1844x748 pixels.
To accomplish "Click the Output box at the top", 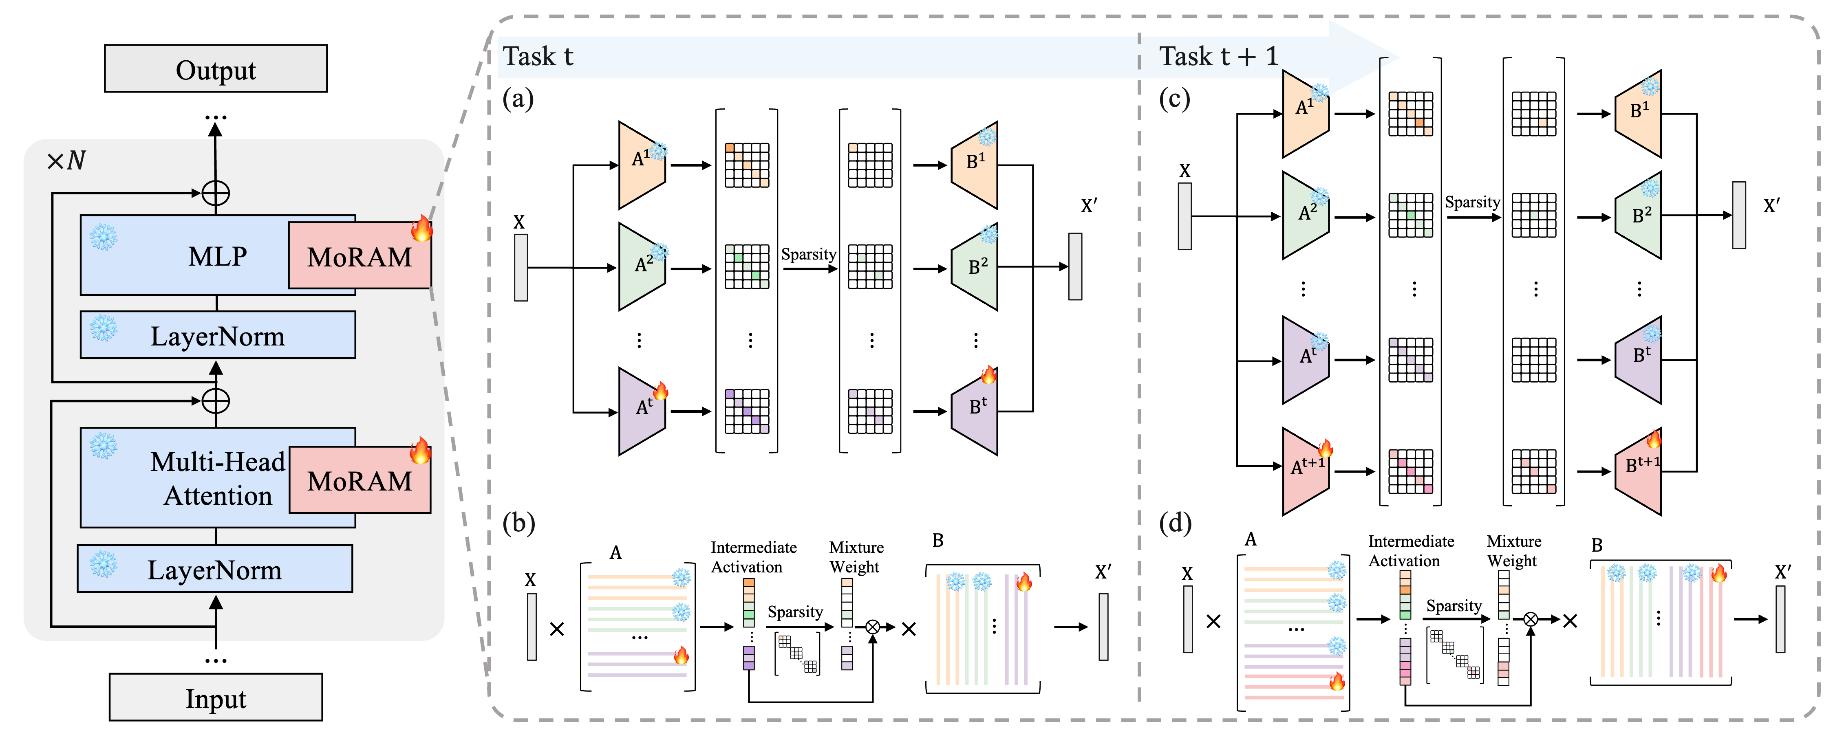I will [216, 69].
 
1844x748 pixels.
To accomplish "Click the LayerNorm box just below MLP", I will [218, 335].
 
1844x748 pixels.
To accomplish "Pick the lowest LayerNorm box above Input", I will [215, 569].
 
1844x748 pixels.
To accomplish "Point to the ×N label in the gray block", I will [66, 161].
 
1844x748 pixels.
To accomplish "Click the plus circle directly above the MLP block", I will [216, 193].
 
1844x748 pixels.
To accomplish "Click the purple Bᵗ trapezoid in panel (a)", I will [975, 410].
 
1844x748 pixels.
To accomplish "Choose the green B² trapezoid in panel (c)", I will [1638, 216].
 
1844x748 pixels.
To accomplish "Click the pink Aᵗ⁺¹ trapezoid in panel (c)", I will [1306, 470].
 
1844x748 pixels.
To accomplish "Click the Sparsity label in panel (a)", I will [808, 254].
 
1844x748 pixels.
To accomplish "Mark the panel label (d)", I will [1175, 523].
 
